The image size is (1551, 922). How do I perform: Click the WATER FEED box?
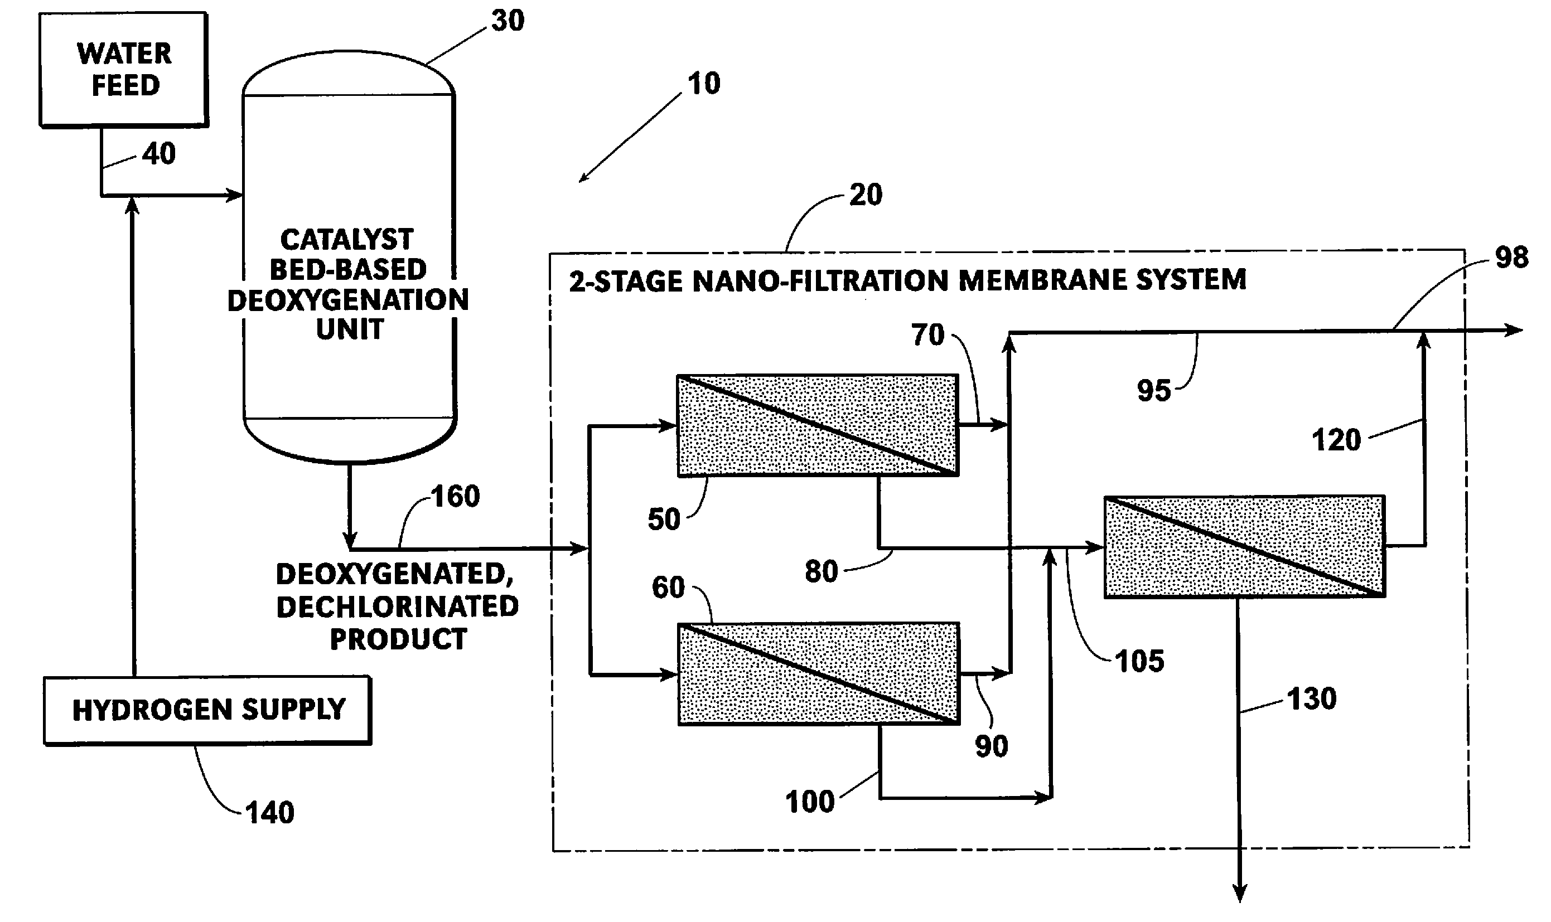124,70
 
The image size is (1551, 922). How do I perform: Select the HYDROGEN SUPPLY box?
207,710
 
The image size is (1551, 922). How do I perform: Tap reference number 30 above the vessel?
508,21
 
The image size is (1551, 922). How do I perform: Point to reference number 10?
704,84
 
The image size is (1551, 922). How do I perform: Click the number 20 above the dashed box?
866,195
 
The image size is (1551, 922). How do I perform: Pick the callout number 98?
1512,257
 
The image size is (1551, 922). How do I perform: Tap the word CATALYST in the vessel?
347,240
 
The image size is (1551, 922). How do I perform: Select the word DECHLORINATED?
398,606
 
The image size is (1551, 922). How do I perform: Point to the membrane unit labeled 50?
818,425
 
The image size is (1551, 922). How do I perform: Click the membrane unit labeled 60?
819,673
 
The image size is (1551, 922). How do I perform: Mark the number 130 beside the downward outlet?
1311,699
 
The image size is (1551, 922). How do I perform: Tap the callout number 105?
1139,662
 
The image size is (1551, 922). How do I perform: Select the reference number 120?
1336,440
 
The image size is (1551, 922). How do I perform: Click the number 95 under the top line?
1154,391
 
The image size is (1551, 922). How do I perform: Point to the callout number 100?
810,802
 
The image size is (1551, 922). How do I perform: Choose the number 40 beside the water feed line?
158,153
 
